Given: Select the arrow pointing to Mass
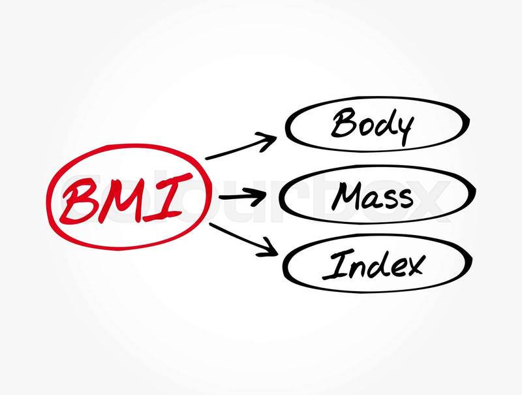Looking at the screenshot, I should pos(242,196).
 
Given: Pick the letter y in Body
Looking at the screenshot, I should pos(403,131).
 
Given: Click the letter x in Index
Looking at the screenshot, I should pos(414,266).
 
